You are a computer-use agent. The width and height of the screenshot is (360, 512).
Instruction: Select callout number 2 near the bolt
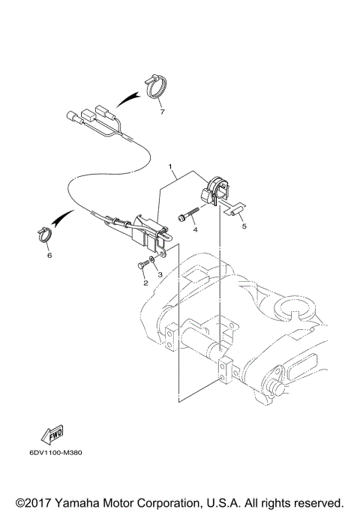(144, 283)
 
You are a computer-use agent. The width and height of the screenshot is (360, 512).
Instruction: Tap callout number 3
(160, 275)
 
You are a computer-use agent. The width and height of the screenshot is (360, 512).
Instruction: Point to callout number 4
(195, 230)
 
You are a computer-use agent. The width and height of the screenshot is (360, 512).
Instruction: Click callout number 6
(49, 256)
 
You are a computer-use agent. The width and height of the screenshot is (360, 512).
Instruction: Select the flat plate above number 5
(234, 211)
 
